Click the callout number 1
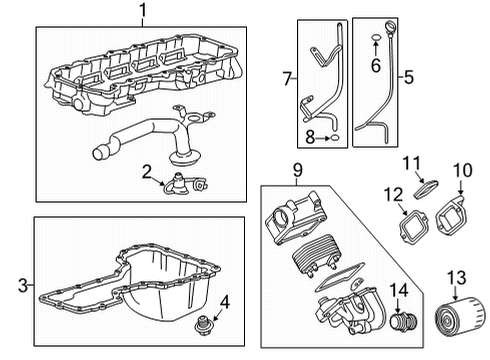coord(142,12)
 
